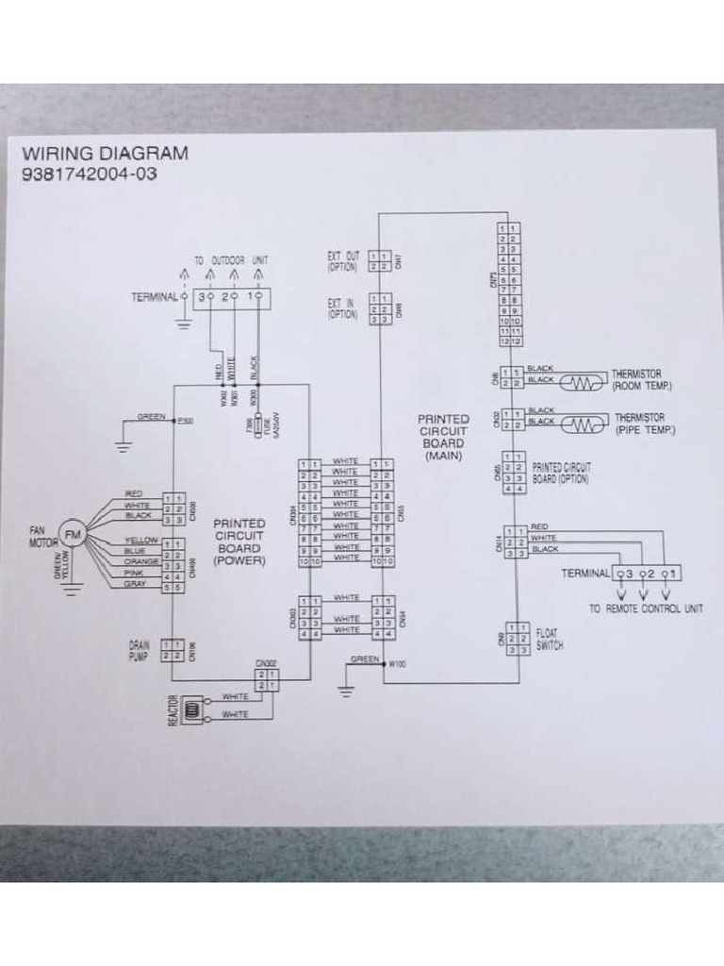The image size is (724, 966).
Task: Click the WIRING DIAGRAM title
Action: tap(105, 153)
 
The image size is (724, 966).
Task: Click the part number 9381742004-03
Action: tap(90, 174)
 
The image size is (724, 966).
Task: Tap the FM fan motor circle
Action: tap(72, 535)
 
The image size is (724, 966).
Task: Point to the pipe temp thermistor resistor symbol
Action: tap(584, 425)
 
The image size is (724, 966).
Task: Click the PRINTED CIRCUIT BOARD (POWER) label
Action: tap(239, 541)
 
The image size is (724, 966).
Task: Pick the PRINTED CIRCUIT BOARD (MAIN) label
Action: tap(442, 437)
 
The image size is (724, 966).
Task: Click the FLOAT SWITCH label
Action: tap(549, 641)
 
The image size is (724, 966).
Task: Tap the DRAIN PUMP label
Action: tap(140, 650)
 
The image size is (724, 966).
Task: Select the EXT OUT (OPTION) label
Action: tap(343, 261)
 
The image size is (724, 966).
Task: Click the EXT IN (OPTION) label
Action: tap(342, 308)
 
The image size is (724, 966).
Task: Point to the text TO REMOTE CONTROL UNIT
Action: tap(646, 608)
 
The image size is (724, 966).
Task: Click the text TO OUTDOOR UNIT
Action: tap(232, 259)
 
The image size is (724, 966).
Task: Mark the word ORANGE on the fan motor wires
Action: tap(140, 562)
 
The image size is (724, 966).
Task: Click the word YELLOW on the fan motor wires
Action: tap(140, 541)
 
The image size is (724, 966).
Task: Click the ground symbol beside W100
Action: tap(345, 688)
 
